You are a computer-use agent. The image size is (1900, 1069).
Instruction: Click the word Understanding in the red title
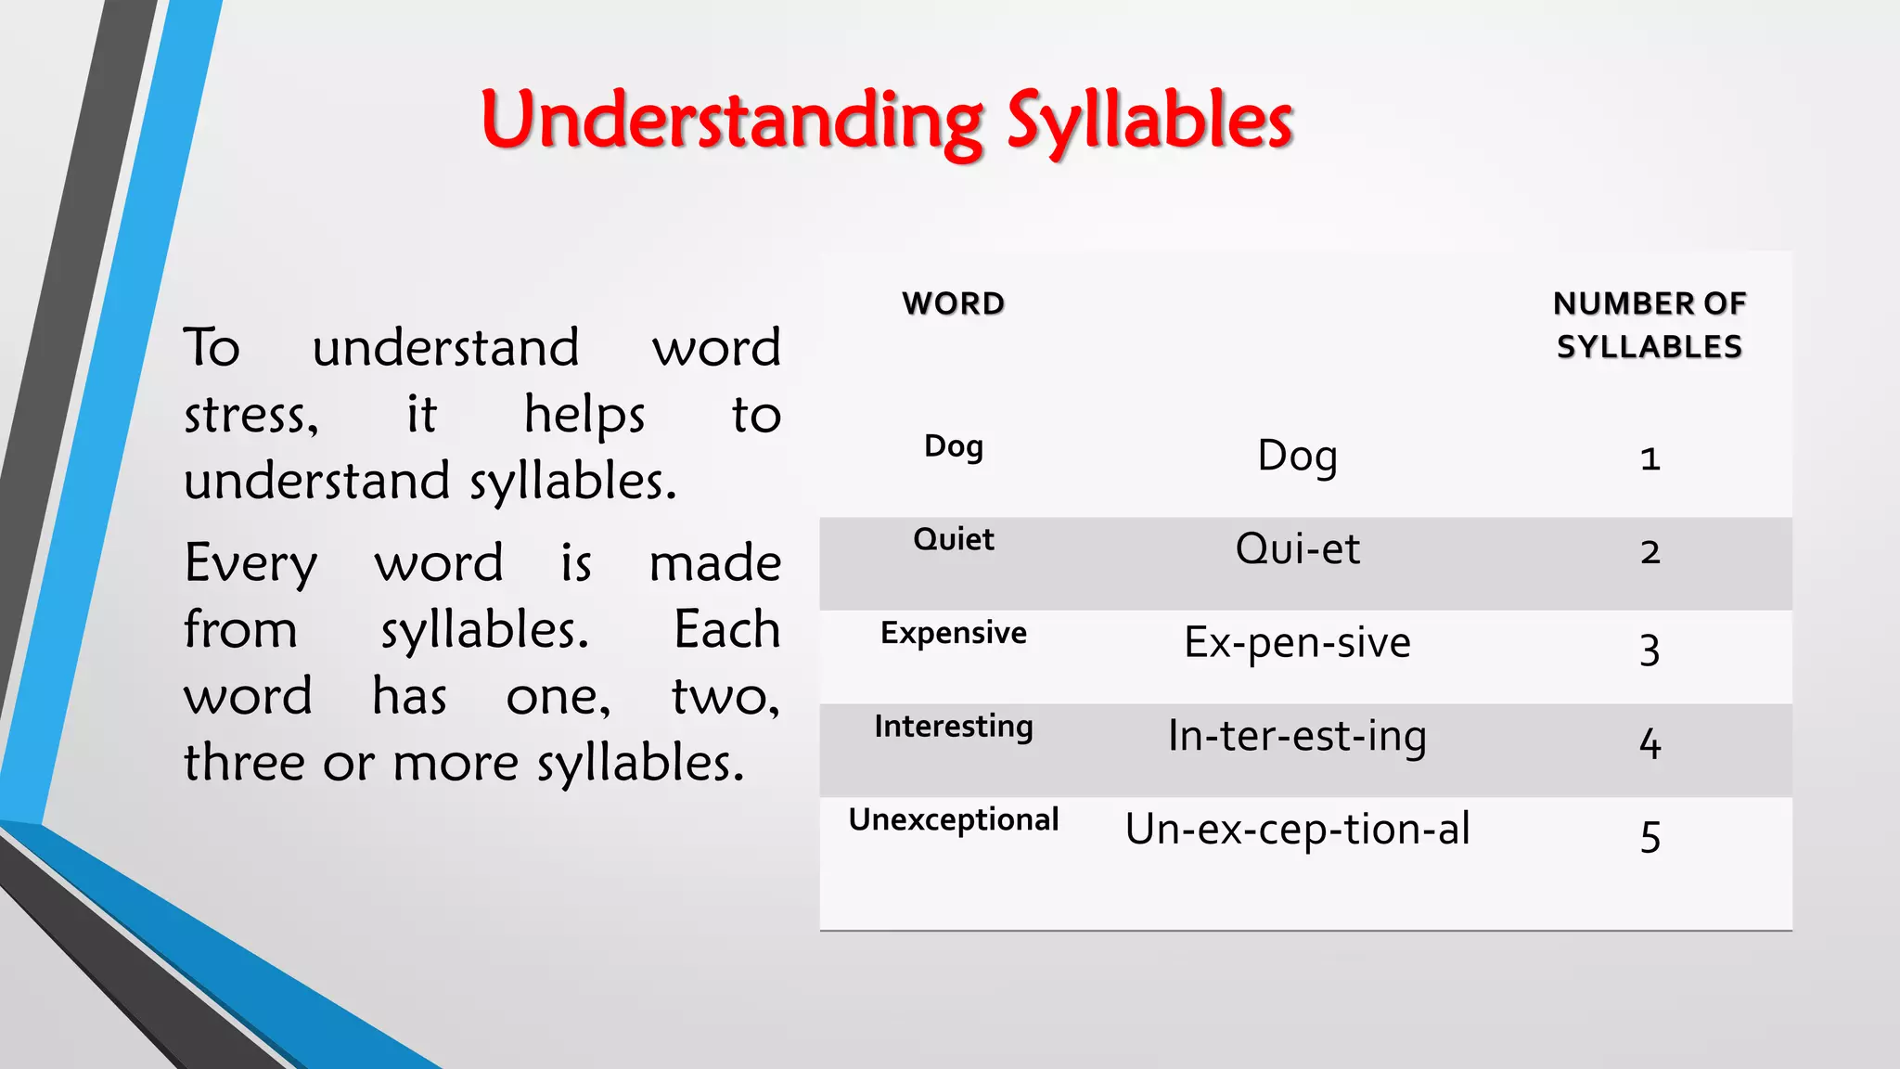(733, 121)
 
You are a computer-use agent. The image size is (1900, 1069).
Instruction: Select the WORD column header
(953, 303)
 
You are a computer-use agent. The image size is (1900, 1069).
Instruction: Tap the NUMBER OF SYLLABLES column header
(1649, 325)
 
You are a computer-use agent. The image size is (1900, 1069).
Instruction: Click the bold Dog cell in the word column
(953, 446)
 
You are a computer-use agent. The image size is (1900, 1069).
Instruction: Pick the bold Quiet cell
(953, 539)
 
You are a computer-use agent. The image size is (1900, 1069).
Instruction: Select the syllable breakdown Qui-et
(1297, 548)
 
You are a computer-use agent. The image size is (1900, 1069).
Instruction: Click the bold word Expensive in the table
(953, 633)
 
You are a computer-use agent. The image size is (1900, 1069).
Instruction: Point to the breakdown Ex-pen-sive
(1297, 642)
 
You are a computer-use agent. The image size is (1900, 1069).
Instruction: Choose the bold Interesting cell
(953, 726)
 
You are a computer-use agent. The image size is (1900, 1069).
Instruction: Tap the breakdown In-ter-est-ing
(1297, 736)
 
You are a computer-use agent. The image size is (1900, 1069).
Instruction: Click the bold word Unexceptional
(953, 819)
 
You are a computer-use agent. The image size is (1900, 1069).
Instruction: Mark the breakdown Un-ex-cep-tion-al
(1297, 829)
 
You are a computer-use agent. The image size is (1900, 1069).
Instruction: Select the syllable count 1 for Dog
(1649, 458)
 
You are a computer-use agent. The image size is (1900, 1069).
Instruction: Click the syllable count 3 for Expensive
(1649, 649)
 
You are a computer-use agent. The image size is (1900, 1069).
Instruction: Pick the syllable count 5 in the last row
(1649, 836)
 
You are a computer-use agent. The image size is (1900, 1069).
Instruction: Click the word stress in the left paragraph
(250, 415)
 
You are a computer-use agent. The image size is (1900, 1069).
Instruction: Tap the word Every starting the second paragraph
(250, 563)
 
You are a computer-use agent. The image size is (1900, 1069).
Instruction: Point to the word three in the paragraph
(244, 763)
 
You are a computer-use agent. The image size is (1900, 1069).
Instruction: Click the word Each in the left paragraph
(726, 629)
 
